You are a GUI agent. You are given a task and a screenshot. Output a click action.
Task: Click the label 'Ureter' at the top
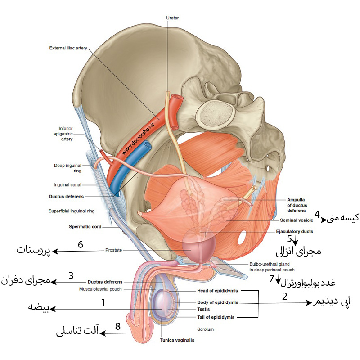(x=172, y=18)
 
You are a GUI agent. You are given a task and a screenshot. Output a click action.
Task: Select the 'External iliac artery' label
(x=68, y=48)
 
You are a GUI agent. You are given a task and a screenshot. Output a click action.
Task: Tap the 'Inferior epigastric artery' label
(x=63, y=134)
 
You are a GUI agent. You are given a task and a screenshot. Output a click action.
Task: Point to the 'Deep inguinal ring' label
(x=68, y=168)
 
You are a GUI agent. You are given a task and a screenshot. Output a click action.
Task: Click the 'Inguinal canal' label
(x=67, y=185)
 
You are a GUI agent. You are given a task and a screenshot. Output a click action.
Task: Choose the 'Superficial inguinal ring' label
(x=72, y=211)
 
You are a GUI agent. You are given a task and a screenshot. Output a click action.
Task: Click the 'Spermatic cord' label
(x=85, y=227)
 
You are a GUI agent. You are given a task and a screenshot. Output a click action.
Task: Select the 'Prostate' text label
(x=114, y=250)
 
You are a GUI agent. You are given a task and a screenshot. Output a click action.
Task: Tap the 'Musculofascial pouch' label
(x=100, y=289)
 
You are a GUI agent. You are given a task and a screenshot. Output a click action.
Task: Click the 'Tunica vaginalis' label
(x=177, y=340)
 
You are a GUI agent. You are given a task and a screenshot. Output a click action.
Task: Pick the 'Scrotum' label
(x=205, y=329)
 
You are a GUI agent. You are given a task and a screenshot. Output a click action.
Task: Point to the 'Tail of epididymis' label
(x=216, y=317)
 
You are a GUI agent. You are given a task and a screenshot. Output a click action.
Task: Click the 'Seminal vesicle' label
(x=297, y=220)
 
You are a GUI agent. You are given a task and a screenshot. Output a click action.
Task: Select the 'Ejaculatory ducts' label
(x=295, y=231)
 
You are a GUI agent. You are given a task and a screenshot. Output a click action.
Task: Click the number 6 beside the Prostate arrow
(x=81, y=244)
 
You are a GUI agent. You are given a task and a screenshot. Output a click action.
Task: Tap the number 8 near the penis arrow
(x=118, y=326)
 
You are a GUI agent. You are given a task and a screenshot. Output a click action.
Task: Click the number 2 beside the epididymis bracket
(x=285, y=297)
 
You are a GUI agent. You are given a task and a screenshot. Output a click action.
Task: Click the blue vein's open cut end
(x=147, y=145)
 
